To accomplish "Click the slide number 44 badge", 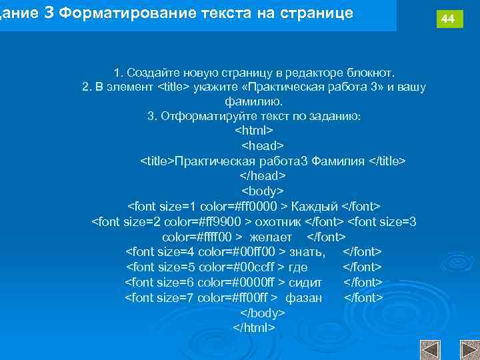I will pos(449,19).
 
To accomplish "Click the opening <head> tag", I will pos(262,145).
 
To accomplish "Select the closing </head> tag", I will pos(262,176).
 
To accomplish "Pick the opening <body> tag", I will pos(262,191).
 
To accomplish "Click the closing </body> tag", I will pos(262,313).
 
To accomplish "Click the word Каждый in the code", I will pos(315,206).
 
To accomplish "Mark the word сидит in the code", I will pos(305,282).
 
